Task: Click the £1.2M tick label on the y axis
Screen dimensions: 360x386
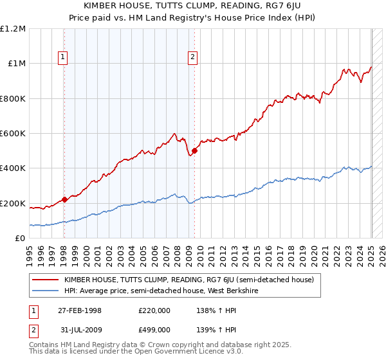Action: click(14, 29)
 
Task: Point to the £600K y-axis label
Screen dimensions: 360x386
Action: click(14, 134)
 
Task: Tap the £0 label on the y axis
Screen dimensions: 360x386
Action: click(21, 239)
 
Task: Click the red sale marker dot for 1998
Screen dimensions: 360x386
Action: click(64, 199)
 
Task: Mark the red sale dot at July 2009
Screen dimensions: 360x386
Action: click(194, 151)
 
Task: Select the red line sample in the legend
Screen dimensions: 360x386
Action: click(46, 280)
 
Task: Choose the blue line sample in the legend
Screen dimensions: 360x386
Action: click(46, 291)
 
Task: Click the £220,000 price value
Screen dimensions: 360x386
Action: click(155, 310)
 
